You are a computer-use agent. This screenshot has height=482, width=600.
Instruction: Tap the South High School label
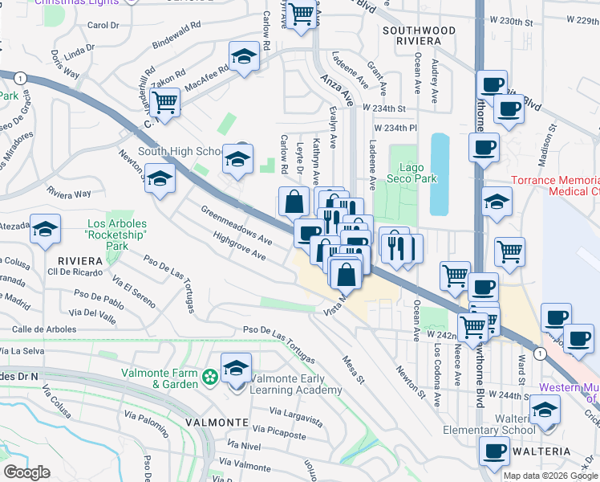coord(180,151)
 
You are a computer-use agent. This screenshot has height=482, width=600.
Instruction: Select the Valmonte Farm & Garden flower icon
coord(211,376)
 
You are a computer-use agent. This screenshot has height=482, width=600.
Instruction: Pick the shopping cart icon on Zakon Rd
coord(164,103)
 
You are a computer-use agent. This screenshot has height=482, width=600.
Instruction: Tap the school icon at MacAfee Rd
coord(243,59)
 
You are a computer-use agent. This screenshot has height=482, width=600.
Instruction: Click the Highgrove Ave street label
coord(239,246)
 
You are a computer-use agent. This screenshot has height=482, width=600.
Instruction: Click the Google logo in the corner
coord(26,473)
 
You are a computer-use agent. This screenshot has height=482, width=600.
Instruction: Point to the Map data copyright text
coord(550,476)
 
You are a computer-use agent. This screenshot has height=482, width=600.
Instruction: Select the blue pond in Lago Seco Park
coord(440,174)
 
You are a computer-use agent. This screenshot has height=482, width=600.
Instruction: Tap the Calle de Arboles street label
coord(44,329)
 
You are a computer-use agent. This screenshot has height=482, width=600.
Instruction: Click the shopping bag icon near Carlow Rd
coord(294,201)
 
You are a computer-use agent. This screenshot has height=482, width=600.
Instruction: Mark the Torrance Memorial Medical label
coord(556,186)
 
